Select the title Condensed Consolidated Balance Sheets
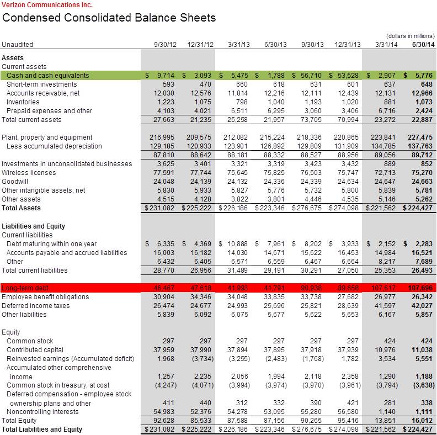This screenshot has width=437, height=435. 109,18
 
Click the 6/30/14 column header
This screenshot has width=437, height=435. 423,44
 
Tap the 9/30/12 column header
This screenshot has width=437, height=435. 165,44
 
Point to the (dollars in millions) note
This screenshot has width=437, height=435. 411,35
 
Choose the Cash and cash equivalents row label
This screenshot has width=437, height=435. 48,76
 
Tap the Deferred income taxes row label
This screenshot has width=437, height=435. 31,306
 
